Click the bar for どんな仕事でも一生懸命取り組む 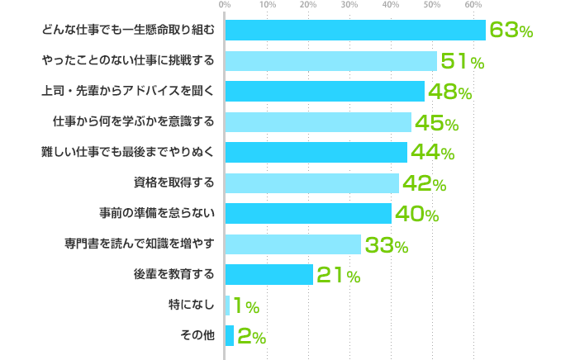click(355, 30)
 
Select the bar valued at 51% click(330, 61)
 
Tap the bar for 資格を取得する click(311, 182)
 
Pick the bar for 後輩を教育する click(269, 274)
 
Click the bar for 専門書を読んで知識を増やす click(293, 244)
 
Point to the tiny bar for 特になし click(227, 306)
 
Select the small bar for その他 click(230, 336)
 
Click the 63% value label click(511, 31)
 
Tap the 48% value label click(449, 92)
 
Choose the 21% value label click(338, 276)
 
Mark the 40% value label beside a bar click(416, 215)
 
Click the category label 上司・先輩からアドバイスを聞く click(127, 92)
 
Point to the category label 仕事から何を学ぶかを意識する click(133, 122)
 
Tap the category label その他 click(197, 335)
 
